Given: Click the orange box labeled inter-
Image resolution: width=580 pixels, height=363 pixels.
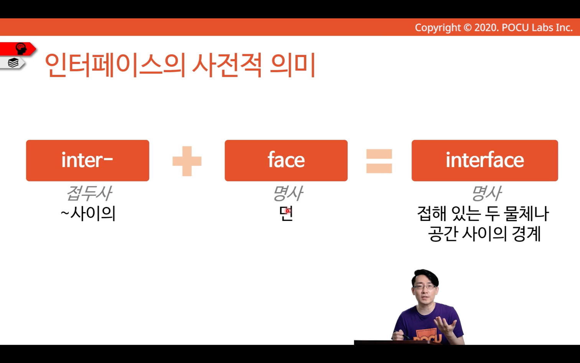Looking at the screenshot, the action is [x=87, y=161].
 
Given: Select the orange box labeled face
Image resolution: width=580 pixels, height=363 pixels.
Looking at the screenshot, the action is [x=286, y=161].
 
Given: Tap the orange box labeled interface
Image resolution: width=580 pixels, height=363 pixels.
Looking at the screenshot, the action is [x=485, y=161].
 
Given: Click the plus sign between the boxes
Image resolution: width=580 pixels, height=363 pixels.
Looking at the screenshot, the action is [x=187, y=161].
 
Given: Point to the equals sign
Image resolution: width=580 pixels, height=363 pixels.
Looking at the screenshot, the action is [x=379, y=161].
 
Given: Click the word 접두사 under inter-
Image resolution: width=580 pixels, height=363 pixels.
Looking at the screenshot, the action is [x=89, y=193].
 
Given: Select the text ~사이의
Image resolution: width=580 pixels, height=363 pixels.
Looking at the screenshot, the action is [x=88, y=214].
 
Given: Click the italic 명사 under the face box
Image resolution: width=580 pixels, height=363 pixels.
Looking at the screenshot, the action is [x=288, y=193].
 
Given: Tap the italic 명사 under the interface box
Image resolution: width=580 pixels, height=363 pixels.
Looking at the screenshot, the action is [x=486, y=193].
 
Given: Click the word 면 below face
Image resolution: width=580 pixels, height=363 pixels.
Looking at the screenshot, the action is [x=286, y=214].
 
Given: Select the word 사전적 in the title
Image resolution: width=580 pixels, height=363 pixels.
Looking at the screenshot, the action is [x=227, y=65].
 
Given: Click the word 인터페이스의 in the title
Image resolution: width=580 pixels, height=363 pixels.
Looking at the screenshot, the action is [x=115, y=65].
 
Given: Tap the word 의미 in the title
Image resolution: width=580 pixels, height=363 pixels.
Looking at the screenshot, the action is [x=292, y=65].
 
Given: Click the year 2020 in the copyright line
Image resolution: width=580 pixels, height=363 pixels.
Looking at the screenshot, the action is [x=486, y=28].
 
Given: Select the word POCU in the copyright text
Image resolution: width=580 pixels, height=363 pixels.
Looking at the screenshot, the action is [x=516, y=28].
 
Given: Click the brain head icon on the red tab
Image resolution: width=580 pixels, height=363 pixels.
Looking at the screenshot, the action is [x=21, y=48].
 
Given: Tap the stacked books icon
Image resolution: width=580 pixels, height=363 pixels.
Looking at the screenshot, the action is [x=13, y=63].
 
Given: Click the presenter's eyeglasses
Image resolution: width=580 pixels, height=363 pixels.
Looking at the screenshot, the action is [x=425, y=287].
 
